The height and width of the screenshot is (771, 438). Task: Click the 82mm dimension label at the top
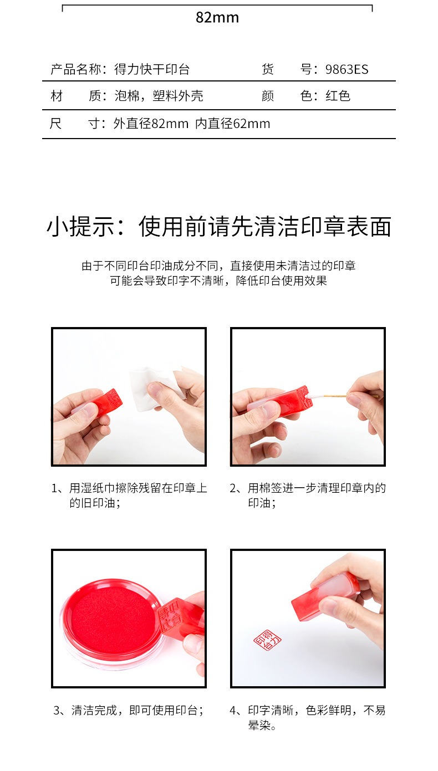[x=217, y=17]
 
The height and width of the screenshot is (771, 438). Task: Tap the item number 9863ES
[x=347, y=69]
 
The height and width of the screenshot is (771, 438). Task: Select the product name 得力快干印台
[x=152, y=69]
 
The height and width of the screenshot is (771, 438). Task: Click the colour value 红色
[x=338, y=96]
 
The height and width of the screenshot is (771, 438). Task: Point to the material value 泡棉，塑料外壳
[x=159, y=96]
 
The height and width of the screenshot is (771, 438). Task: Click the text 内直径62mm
[x=233, y=124]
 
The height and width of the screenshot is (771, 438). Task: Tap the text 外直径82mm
[x=151, y=124]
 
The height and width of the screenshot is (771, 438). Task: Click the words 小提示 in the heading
[x=80, y=227]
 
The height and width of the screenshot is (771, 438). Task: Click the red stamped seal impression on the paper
[x=267, y=640]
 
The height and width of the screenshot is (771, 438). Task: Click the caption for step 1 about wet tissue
[x=129, y=496]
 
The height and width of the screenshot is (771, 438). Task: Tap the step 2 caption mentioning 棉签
[x=308, y=496]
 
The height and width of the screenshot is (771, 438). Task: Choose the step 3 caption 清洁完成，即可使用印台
[x=129, y=710]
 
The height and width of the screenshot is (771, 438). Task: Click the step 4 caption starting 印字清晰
[x=308, y=718]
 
